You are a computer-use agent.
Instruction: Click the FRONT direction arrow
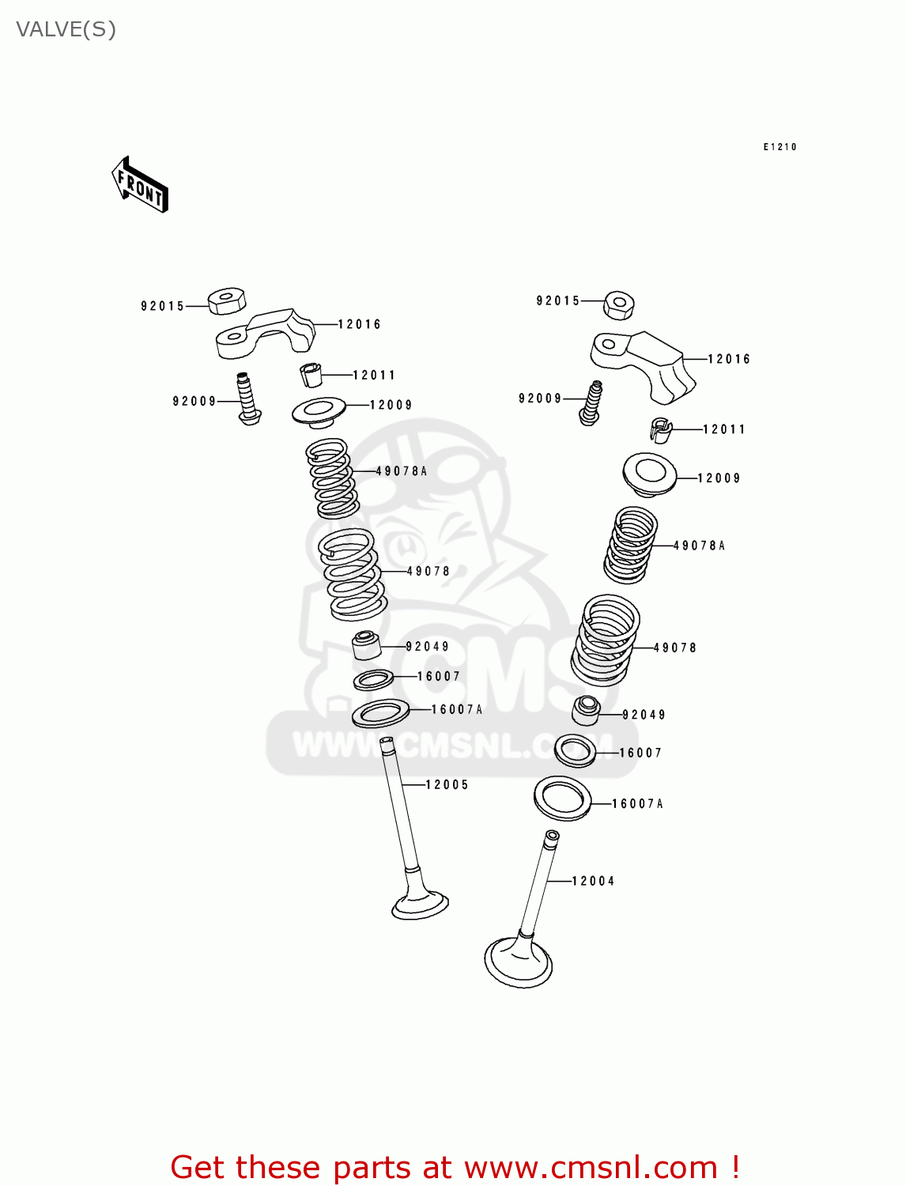coord(140,185)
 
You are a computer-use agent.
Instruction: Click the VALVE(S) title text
coord(66,29)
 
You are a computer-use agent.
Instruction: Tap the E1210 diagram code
coord(780,147)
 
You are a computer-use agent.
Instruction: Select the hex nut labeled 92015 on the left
coord(227,300)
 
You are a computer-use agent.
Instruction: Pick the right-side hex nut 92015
coord(620,304)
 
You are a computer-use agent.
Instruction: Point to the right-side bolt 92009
coord(591,402)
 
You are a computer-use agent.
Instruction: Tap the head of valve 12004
coord(518,961)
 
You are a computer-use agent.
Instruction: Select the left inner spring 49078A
coord(332,478)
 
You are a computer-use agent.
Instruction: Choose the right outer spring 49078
coord(606,640)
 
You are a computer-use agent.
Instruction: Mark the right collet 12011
coord(660,429)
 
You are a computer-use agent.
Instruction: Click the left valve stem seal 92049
coord(366,644)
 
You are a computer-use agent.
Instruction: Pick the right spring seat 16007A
coord(563,798)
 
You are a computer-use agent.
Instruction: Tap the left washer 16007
coord(374,679)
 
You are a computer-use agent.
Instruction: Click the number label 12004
coord(593,881)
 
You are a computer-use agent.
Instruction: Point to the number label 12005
coord(447,784)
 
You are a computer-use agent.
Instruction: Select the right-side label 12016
coord(728,359)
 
